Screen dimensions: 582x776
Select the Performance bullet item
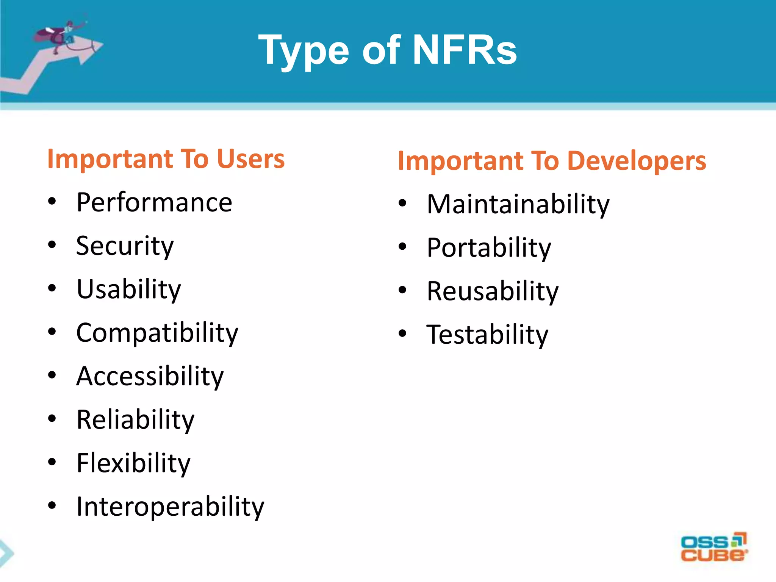click(x=154, y=203)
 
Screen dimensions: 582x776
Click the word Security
click(x=125, y=246)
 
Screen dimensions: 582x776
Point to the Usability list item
click(x=128, y=289)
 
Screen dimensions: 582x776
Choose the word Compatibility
click(x=157, y=333)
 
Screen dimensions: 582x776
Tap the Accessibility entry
click(x=150, y=376)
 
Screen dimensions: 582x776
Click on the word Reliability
click(x=135, y=420)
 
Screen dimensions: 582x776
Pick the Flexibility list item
click(x=133, y=463)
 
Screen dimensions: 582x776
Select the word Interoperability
click(x=170, y=507)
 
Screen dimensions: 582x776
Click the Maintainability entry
click(x=518, y=205)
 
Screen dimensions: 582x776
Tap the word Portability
click(x=489, y=248)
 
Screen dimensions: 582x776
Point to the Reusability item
click(x=493, y=291)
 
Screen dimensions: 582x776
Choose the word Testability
click(x=487, y=335)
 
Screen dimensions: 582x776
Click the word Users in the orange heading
click(x=250, y=159)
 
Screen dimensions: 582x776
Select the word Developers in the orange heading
click(x=637, y=161)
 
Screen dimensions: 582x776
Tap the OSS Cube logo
click(x=713, y=548)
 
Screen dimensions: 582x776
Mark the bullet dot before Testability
click(x=402, y=334)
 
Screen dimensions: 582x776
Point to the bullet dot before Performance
click(x=52, y=202)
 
